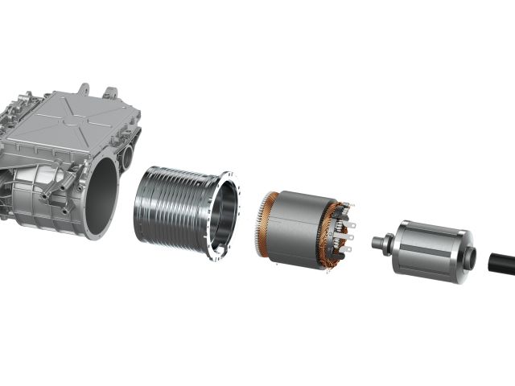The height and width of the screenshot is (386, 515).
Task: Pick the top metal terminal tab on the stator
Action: [x=348, y=211]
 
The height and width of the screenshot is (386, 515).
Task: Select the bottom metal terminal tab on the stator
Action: [x=347, y=249]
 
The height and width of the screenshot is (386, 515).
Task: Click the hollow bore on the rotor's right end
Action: [x=469, y=258]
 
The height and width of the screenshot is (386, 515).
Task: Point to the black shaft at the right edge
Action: [x=501, y=265]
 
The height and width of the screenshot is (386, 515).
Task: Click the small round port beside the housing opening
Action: [x=127, y=153]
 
